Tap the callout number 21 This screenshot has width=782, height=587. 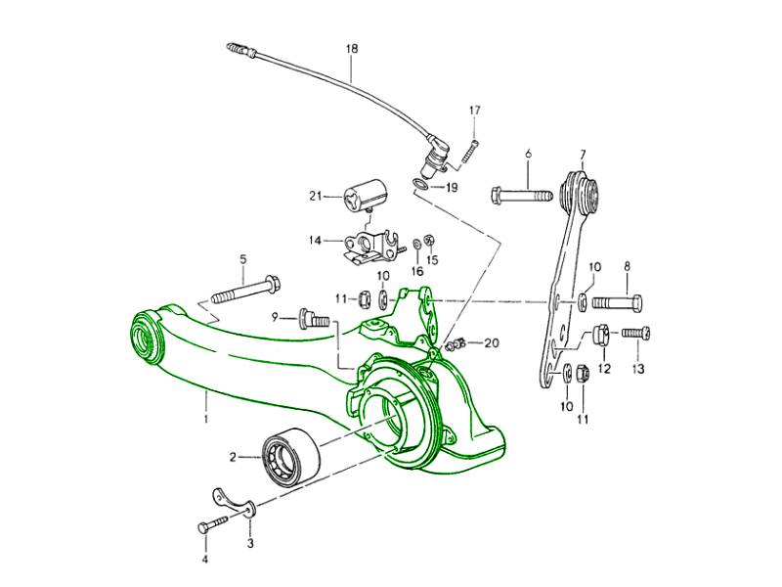pos(315,196)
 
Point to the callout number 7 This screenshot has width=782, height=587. pos(582,154)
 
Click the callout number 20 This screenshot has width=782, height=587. pos(491,342)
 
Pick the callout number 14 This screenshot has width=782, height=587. pos(315,239)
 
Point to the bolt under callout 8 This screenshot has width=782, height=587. pos(616,301)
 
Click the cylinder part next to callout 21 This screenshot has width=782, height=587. pos(363,190)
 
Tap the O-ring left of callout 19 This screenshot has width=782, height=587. pos(419,184)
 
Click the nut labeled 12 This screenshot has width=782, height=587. pos(600,336)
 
